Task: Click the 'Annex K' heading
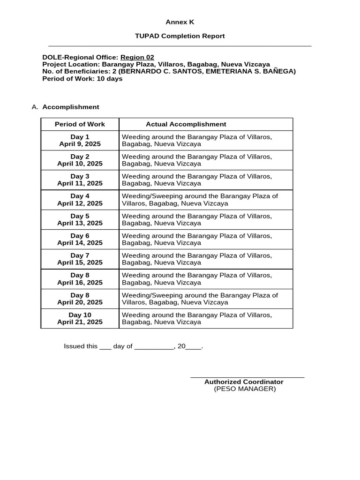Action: click(x=180, y=22)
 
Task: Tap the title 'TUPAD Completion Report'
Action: click(x=180, y=36)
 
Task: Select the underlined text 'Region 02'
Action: click(x=137, y=57)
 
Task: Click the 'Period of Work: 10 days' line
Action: click(x=82, y=79)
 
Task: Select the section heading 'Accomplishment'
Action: click(x=71, y=107)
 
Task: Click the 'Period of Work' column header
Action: click(x=80, y=124)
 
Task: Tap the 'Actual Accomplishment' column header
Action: click(x=186, y=124)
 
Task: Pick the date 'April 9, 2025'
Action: click(x=80, y=144)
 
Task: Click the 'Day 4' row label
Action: click(x=80, y=196)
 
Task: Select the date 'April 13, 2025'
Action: click(x=80, y=223)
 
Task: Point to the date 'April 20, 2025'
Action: click(x=80, y=302)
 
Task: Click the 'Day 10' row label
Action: click(x=80, y=315)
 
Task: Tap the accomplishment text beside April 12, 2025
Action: click(x=200, y=200)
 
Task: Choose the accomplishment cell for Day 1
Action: click(x=197, y=140)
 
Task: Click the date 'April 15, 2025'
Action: click(x=80, y=262)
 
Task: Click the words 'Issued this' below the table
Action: click(x=81, y=346)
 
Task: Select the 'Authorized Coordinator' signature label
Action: click(x=244, y=382)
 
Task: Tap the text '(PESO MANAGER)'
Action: click(x=245, y=389)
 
